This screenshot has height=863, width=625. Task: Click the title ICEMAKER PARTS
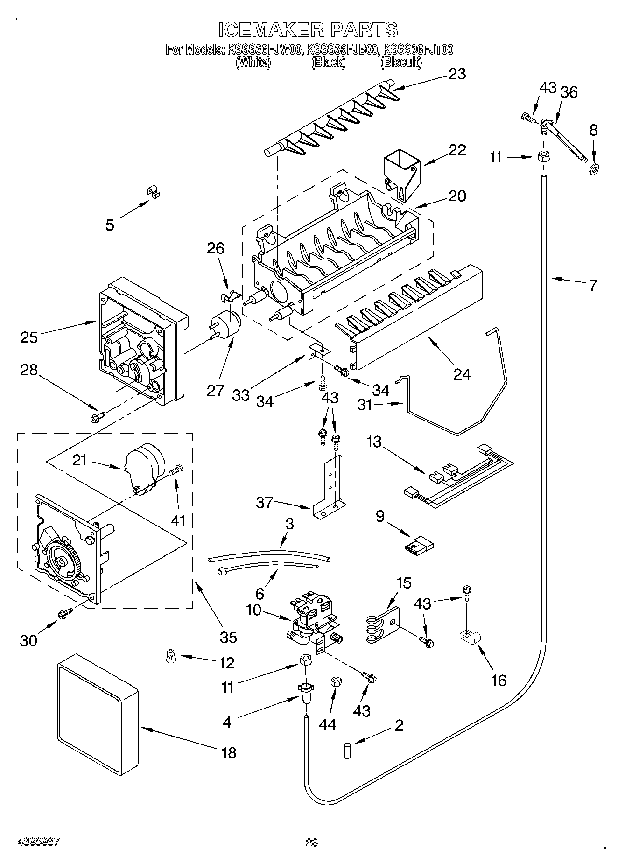(308, 29)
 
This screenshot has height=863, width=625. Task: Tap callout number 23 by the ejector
(457, 74)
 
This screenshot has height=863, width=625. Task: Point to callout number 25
(29, 337)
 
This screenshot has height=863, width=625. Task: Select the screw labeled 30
(65, 614)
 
